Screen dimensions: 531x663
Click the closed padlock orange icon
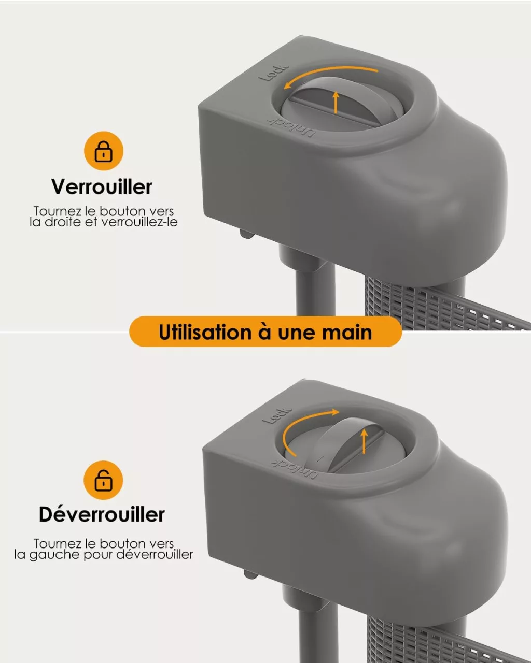pos(104,151)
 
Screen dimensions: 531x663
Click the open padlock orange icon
pos(103,480)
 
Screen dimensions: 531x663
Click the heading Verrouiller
pos(102,186)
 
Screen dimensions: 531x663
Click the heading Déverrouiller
pos(102,514)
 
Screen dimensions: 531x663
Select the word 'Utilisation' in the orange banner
pos(205,333)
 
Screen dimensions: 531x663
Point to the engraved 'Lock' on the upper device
pos(273,73)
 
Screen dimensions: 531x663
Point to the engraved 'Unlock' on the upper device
pos(291,127)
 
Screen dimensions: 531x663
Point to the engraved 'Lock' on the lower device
pos(276,415)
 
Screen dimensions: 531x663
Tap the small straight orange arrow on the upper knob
pos(336,102)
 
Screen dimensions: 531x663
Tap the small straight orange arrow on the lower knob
pos(365,441)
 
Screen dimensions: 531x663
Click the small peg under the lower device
pos(251,574)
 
